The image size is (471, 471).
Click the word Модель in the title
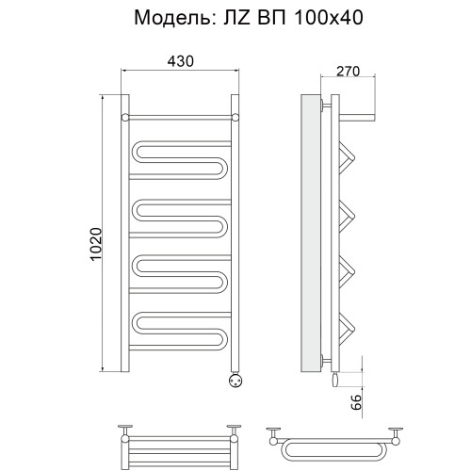pos(172,18)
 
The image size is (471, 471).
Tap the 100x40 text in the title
pos(329,18)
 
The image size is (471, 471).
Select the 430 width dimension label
pos(181,61)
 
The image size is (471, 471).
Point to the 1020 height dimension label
pos(96,244)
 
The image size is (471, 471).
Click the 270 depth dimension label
pos(348,72)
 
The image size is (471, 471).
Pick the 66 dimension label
pos(356,402)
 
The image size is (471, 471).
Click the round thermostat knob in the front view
pos(235,381)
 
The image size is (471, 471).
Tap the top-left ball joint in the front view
pos(125,118)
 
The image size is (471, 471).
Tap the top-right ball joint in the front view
pos(235,118)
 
